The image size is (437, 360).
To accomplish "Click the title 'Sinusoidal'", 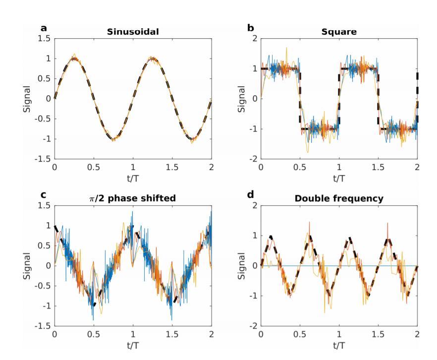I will tap(132, 31).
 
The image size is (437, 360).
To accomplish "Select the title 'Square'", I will tap(339, 31).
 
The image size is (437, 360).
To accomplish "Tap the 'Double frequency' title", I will tap(339, 198).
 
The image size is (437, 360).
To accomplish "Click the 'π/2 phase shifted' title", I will tap(132, 198).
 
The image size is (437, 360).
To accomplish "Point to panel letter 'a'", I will tap(44, 28).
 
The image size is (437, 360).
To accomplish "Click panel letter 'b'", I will tap(251, 28).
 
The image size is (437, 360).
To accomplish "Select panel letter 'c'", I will tap(44, 195).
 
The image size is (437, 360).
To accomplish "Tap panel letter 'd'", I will tap(251, 195).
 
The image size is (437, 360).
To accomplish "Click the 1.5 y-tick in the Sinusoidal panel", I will tap(44, 38).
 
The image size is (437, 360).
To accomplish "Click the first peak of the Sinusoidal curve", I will tap(74, 58).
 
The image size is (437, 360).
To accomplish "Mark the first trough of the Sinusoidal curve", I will tap(113, 139).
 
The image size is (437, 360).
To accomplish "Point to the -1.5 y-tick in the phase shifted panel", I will tap(44, 326).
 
